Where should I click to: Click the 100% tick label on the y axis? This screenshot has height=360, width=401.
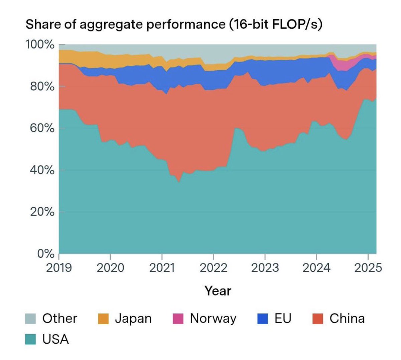pos(40,44)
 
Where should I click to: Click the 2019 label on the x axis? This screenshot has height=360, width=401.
pos(59,268)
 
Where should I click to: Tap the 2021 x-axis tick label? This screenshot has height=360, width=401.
pos(162,268)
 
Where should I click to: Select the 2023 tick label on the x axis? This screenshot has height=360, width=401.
pos(265,268)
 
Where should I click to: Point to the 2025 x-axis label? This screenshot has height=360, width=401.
pos(368,268)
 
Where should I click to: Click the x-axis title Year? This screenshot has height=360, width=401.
pos(218,291)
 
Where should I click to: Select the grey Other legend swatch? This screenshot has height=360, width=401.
pos(31,319)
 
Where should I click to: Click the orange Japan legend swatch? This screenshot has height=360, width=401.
pos(103,319)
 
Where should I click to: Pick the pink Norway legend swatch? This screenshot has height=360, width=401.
pos(178,319)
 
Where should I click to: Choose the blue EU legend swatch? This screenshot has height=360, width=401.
pos(263,319)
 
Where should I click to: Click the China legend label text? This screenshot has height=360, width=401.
pos(347,319)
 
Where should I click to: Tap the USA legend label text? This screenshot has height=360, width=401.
pos(55,339)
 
